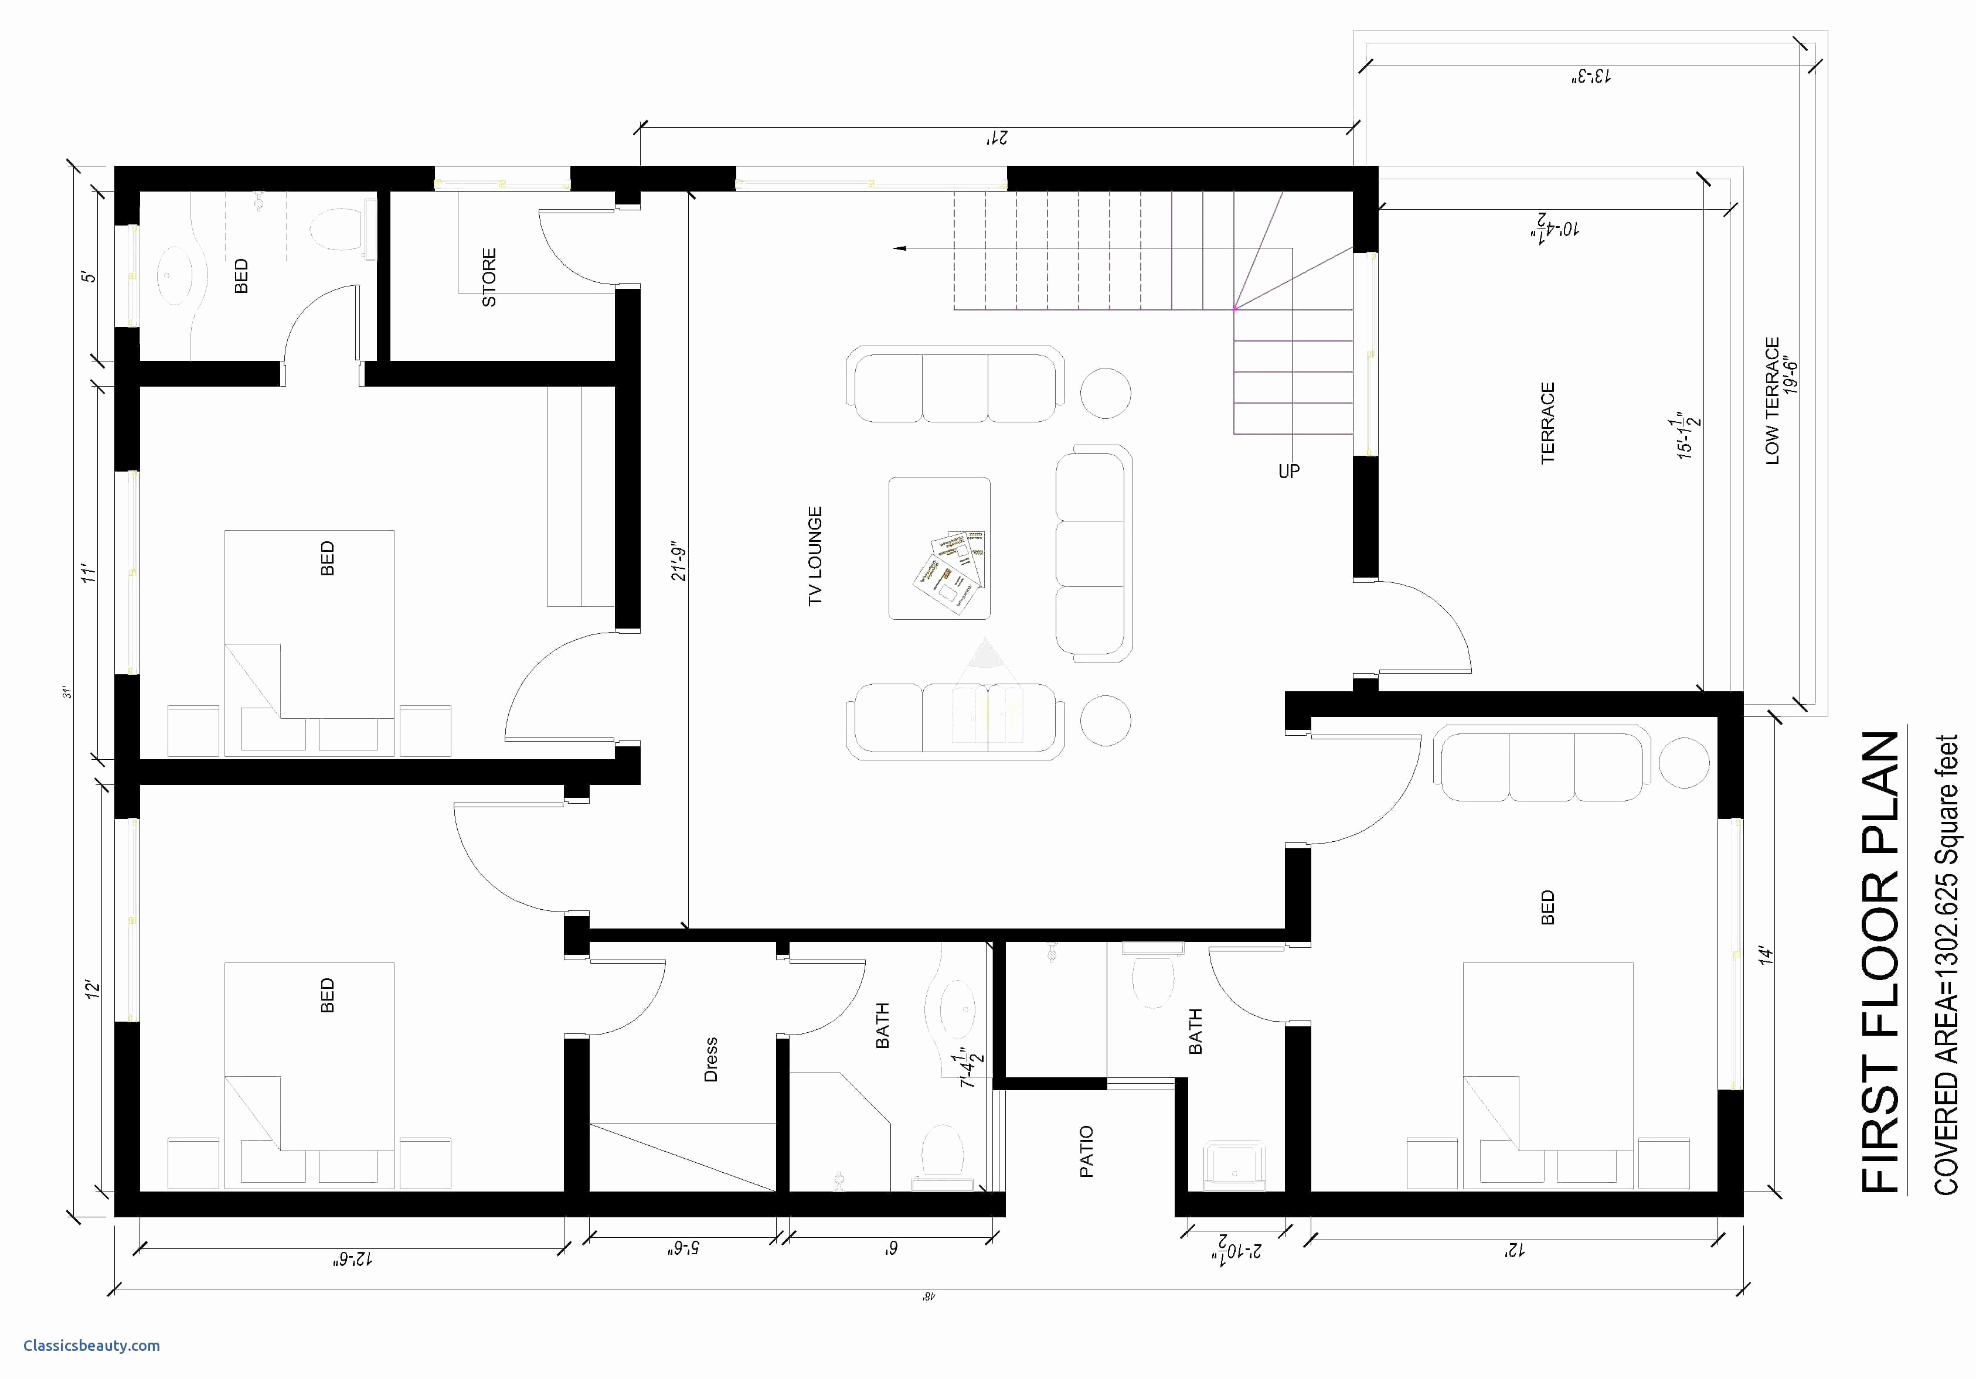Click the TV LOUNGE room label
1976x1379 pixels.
(x=815, y=556)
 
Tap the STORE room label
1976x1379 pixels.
(x=489, y=277)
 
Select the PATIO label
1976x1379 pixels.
(x=1086, y=1151)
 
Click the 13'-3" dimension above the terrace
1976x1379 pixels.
(x=1590, y=77)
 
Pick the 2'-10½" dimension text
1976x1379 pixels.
(x=1237, y=1249)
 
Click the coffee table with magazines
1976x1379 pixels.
(x=939, y=548)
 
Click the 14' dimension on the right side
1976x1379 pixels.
(x=1767, y=955)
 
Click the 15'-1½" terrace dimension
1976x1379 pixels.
(x=1689, y=438)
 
